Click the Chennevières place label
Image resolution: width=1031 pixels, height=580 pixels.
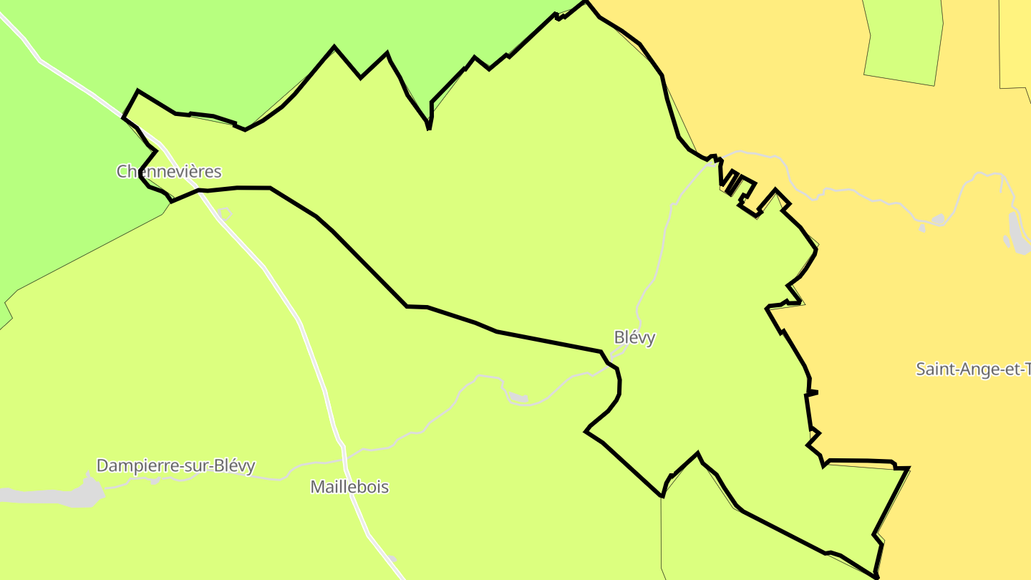point(169,172)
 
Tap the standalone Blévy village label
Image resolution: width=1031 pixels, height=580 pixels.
point(634,338)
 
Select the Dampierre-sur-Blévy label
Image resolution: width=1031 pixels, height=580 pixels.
point(175,466)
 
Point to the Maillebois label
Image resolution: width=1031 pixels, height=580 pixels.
point(349,488)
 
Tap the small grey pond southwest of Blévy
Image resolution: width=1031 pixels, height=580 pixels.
point(518,397)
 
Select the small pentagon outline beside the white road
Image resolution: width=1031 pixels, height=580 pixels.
point(225,213)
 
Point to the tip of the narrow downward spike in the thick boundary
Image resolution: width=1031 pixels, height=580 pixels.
point(428,129)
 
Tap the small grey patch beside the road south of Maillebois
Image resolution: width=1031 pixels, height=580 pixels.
point(392,559)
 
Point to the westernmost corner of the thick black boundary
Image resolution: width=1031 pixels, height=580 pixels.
point(123,117)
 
